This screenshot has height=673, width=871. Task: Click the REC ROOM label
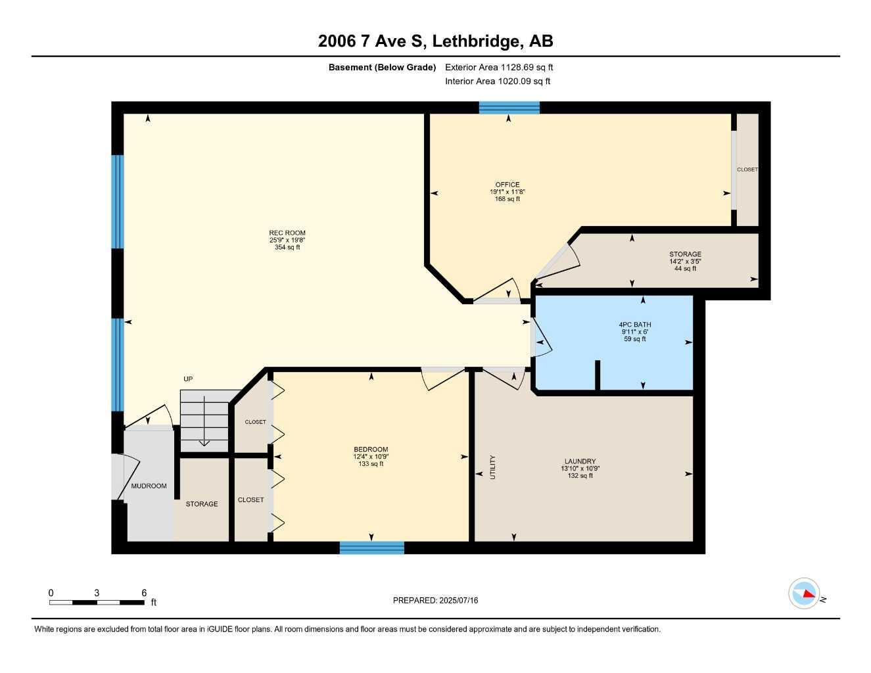coord(287,233)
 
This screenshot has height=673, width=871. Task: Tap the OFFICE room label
coord(507,185)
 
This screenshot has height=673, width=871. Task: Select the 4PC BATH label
coord(635,325)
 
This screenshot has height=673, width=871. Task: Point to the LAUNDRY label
coord(580,461)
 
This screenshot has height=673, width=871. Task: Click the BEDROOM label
coord(371,450)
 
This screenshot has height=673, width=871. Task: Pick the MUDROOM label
coord(149,486)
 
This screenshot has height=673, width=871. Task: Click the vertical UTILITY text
coord(492,467)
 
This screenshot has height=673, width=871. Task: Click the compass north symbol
coord(805,594)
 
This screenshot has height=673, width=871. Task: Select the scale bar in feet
coord(97,602)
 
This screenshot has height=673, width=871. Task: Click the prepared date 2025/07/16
coord(435,600)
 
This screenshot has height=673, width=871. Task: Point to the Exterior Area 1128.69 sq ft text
coord(499,67)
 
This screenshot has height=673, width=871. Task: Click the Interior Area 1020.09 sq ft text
coord(498,81)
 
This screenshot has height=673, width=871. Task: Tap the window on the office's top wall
coord(509,108)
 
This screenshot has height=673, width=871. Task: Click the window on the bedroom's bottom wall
coord(371,547)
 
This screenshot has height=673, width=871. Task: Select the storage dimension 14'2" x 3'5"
coord(685,261)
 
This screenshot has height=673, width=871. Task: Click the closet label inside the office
coord(747,170)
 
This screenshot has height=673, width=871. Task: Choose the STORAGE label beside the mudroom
coord(202,504)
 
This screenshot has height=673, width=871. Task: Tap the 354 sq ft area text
coord(287,248)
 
